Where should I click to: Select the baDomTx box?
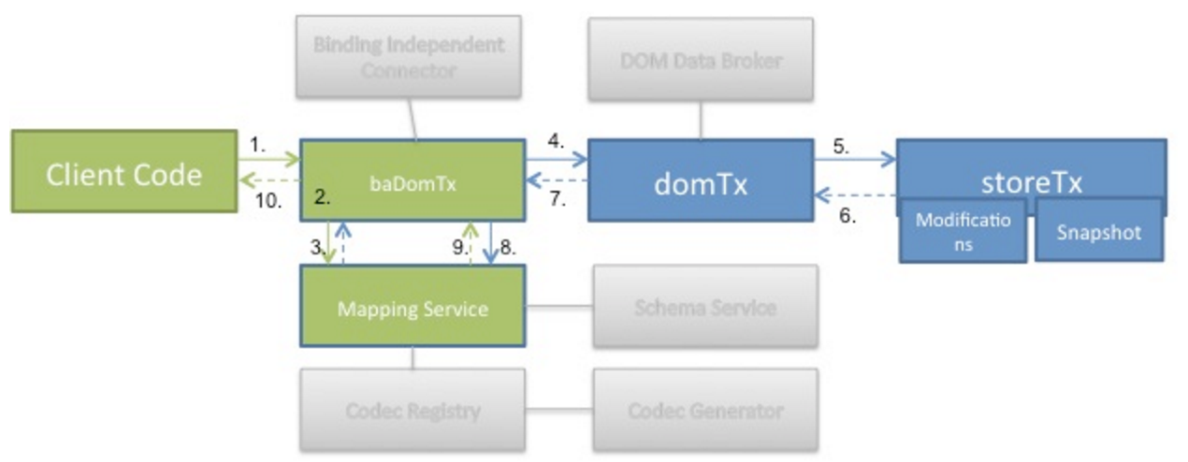click(x=411, y=180)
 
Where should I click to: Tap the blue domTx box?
click(x=701, y=180)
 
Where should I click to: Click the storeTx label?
click(x=1032, y=180)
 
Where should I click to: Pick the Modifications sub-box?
click(x=963, y=231)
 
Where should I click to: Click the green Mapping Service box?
click(x=412, y=308)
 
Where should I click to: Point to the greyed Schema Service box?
click(x=704, y=308)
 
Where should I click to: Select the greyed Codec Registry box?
click(x=412, y=410)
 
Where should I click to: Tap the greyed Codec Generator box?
click(x=704, y=410)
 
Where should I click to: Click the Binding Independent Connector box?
click(x=409, y=57)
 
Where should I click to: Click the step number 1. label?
click(x=260, y=146)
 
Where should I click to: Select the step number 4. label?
click(x=556, y=143)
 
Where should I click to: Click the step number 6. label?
click(x=846, y=215)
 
